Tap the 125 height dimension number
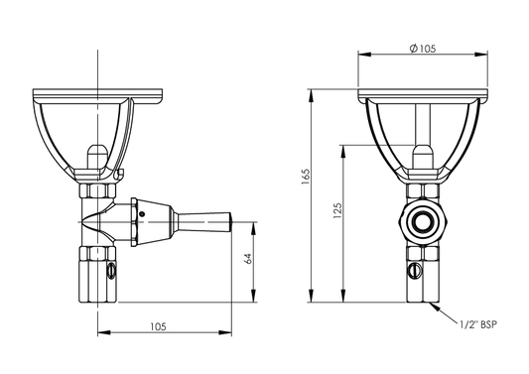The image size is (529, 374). tap(338, 210)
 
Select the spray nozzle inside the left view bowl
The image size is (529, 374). tap(96, 156)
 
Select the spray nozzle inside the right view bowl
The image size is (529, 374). tap(424, 156)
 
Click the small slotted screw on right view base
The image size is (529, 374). tap(415, 267)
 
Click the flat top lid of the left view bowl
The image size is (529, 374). tap(96, 95)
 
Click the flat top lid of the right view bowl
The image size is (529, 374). tap(424, 95)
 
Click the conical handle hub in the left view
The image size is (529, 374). tap(164, 219)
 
